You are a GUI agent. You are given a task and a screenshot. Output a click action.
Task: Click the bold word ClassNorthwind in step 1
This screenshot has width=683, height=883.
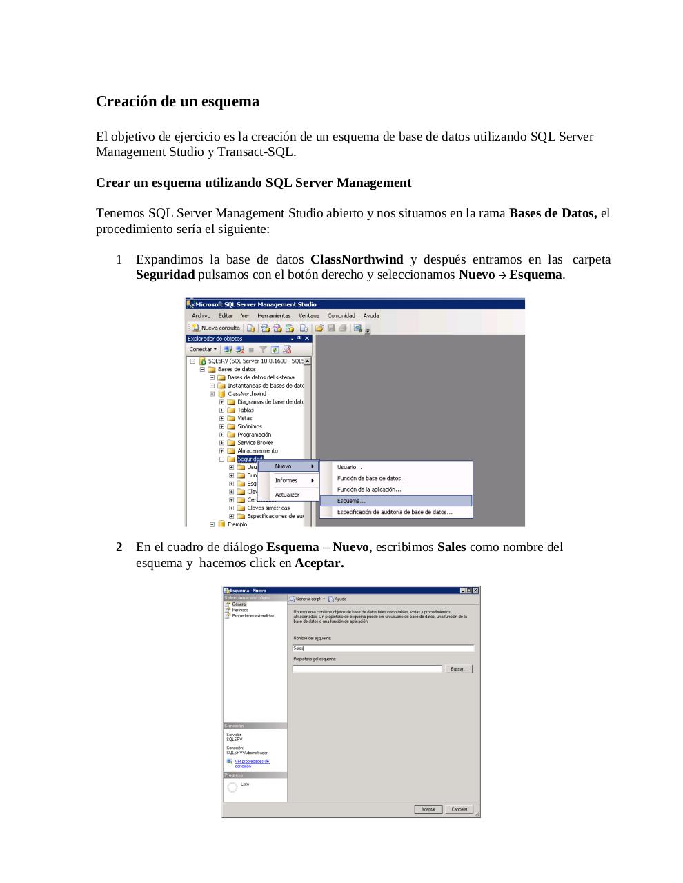[357, 259]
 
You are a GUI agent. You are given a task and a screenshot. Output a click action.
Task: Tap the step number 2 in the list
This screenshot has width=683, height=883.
[119, 547]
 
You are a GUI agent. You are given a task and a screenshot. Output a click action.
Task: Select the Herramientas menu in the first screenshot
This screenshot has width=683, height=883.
[274, 316]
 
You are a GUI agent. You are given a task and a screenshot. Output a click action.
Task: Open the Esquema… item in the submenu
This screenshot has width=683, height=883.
[351, 501]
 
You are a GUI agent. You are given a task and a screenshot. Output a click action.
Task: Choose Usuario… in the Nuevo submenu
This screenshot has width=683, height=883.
[349, 467]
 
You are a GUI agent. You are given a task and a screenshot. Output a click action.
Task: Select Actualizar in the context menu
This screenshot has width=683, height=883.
[287, 495]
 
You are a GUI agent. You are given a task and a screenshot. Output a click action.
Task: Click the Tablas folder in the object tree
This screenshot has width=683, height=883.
[246, 410]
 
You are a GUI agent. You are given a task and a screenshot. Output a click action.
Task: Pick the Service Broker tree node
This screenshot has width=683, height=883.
[255, 443]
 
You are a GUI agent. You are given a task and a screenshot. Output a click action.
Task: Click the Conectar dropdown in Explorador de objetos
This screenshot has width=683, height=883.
[203, 349]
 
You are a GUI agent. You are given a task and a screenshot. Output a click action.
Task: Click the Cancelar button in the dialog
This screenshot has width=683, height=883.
[459, 809]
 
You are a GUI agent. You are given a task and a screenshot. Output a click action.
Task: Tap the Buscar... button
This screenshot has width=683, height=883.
[457, 669]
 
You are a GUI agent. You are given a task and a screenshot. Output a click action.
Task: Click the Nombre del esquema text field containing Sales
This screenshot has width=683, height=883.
[383, 648]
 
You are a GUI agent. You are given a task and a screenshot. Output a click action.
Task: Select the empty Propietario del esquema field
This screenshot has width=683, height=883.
[366, 669]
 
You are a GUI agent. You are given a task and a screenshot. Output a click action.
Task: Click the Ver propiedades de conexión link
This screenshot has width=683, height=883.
[252, 764]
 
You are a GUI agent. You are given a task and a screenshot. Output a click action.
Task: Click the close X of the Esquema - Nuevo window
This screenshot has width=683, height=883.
[475, 591]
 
